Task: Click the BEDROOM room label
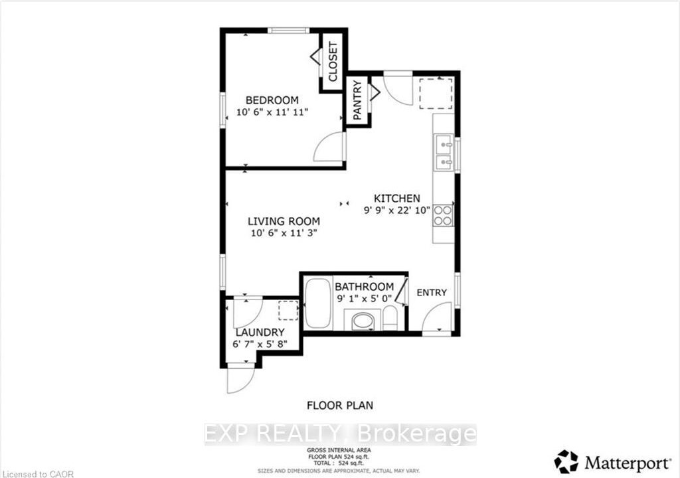coord(272,100)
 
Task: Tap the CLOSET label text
coord(333,62)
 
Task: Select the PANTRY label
coord(357,101)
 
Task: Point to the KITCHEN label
coord(397,199)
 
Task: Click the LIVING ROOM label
coord(284,221)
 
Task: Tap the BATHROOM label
coord(365,287)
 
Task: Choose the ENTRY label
coord(432,293)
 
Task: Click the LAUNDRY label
coord(260,333)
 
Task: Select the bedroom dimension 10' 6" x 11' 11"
coord(272,112)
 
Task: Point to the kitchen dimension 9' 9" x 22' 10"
coord(397,210)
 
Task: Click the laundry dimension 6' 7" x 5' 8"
coord(260,345)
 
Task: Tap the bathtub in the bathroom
coord(318,303)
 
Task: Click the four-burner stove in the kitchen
coord(443,216)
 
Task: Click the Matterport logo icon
coord(566,461)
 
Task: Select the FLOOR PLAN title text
coord(340,406)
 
